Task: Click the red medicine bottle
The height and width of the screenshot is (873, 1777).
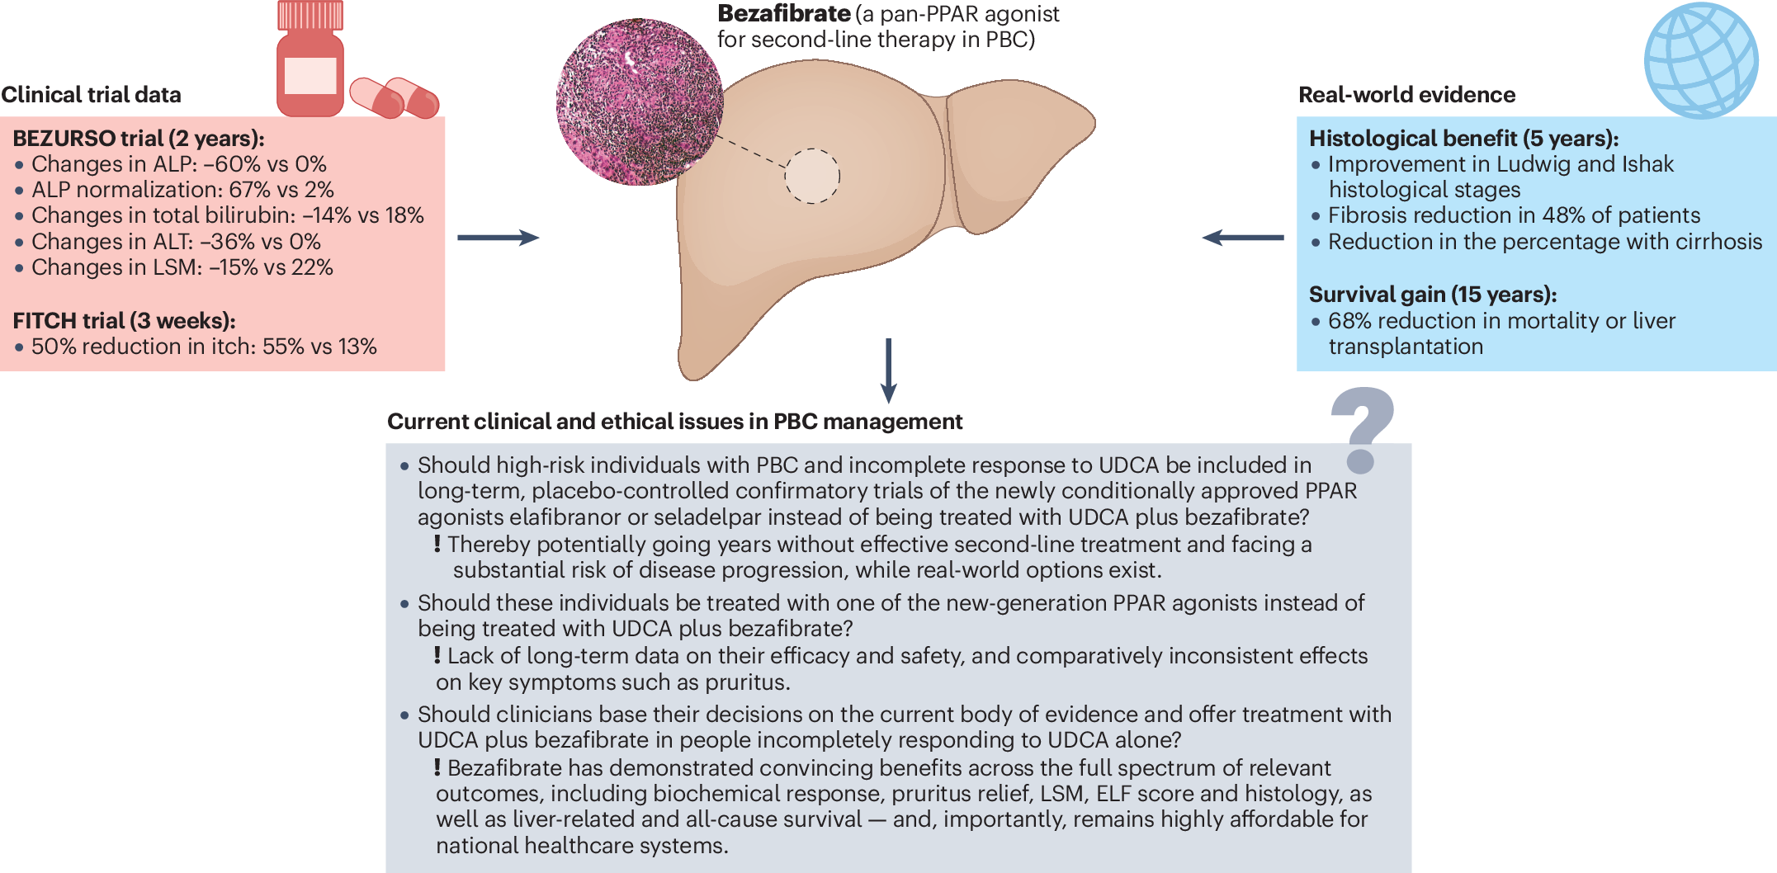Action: pos(310,62)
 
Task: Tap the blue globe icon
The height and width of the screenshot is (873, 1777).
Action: pos(1701,60)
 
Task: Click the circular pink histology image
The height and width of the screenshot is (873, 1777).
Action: pos(639,101)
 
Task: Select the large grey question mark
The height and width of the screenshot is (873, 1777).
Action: pos(1362,429)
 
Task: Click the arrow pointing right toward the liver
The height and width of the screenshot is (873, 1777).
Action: pos(498,238)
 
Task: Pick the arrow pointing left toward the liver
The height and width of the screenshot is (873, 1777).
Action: pos(1242,238)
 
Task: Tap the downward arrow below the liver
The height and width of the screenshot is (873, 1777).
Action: pos(889,370)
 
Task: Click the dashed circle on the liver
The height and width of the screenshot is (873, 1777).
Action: pos(812,176)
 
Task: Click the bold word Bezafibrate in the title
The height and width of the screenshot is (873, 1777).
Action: pos(783,14)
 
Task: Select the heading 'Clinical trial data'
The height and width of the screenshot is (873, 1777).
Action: pos(91,95)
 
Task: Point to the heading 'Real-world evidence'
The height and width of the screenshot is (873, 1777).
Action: pos(1406,95)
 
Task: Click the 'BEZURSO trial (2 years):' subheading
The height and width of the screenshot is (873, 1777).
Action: pos(138,139)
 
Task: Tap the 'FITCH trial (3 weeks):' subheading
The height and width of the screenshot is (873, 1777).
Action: pos(124,320)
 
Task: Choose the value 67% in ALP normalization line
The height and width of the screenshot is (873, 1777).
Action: pos(250,190)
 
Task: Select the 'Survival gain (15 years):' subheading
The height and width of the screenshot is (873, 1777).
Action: pos(1432,295)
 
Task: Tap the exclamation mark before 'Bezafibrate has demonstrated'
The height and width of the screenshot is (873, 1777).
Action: pos(437,767)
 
